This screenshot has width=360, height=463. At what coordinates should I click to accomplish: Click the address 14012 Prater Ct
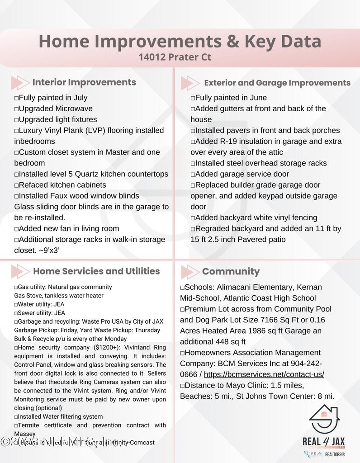(x=175, y=58)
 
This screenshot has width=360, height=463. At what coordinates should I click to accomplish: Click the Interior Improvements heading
(x=84, y=82)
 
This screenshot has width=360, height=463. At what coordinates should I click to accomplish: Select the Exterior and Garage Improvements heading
(x=277, y=83)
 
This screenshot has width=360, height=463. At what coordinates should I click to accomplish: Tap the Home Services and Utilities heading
(x=96, y=271)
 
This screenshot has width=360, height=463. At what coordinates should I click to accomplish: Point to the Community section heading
(x=231, y=272)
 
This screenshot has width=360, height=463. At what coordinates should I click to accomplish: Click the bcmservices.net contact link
(x=264, y=374)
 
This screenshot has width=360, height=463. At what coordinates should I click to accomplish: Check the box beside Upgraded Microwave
(x=16, y=109)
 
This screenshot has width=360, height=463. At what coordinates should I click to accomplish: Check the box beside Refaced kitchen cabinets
(x=16, y=185)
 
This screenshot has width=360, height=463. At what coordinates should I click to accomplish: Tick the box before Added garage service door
(x=193, y=175)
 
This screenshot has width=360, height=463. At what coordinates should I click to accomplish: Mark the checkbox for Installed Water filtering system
(x=16, y=417)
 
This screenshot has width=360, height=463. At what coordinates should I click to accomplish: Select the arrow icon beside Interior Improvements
(x=19, y=83)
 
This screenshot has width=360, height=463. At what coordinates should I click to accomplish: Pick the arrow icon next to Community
(x=189, y=272)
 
